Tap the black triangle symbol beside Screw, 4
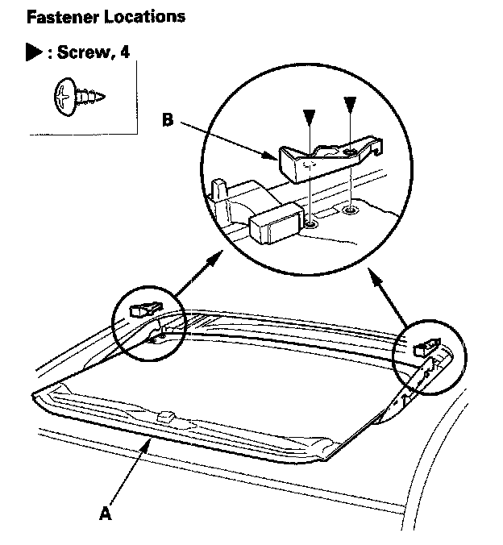click(x=34, y=53)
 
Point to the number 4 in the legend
click(x=124, y=53)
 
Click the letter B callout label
click(x=168, y=120)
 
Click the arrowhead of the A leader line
click(x=147, y=443)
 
